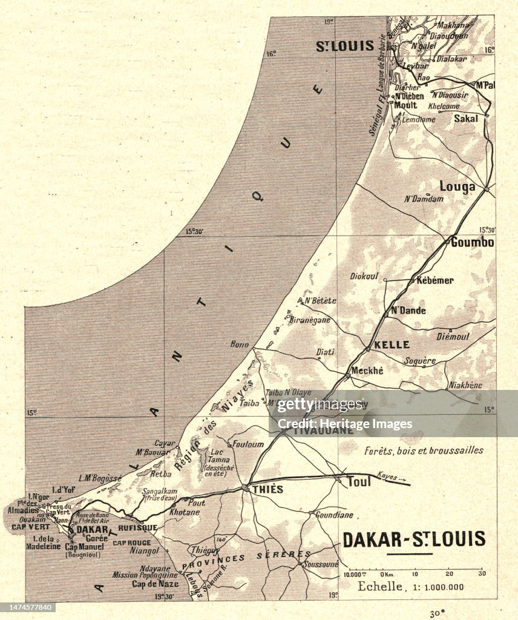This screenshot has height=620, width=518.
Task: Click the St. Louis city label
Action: click(345, 46)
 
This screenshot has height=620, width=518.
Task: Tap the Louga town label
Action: click(457, 186)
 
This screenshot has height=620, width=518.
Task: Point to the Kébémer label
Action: click(434, 280)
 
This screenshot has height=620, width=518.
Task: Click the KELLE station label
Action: click(392, 345)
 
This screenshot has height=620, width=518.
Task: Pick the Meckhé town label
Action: click(367, 371)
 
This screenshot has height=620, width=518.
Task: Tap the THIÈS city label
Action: click(266, 489)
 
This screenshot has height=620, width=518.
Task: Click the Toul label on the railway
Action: click(358, 482)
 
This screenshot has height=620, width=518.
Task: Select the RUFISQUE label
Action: click(141, 527)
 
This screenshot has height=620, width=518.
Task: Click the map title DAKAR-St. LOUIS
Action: click(414, 539)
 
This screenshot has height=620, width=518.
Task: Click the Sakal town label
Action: click(466, 119)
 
